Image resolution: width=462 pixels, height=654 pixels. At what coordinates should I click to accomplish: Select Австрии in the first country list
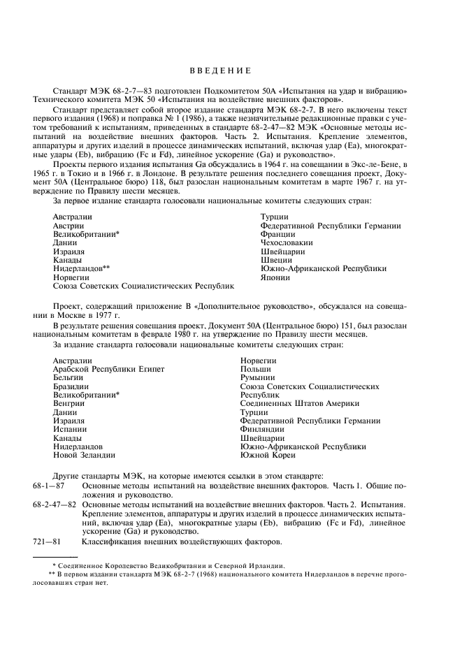[68, 226]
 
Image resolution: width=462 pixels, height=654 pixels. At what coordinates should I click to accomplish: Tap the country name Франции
[277, 235]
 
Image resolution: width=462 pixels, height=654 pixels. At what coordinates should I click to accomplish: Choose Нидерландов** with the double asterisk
[82, 269]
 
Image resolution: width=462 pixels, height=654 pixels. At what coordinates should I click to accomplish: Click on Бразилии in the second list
[71, 386]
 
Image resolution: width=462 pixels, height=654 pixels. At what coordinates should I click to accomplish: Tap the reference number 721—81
[48, 542]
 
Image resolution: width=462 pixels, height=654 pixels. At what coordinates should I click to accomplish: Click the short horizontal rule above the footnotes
[57, 558]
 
